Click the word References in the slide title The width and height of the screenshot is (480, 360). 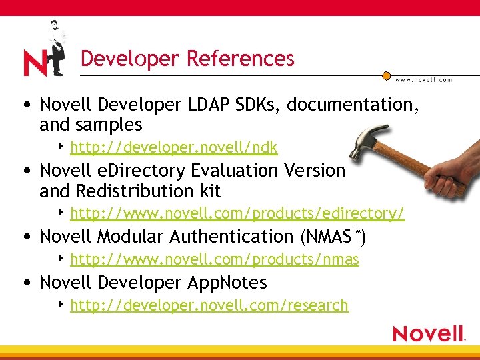[240, 59]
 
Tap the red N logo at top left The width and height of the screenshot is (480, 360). [34, 63]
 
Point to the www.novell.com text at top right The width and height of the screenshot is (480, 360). [423, 79]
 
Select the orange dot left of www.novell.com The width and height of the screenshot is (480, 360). [386, 76]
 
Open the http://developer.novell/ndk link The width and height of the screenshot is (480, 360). [173, 147]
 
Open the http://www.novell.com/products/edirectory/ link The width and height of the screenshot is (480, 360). [237, 213]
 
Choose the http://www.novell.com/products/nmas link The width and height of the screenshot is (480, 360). [214, 259]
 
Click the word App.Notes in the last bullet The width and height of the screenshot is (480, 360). [227, 283]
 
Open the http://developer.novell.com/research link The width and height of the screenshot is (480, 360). [209, 305]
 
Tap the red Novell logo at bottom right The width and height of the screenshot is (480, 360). [429, 333]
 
